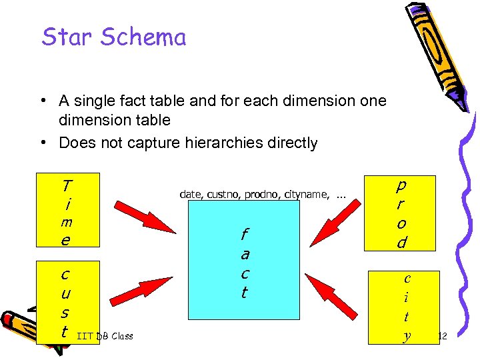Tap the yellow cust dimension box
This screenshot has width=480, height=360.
tap(68, 302)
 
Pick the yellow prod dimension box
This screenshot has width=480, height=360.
tap(399, 213)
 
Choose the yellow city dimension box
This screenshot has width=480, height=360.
tap(406, 307)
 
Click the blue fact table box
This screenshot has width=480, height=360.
tap(244, 260)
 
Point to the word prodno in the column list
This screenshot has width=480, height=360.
tap(263, 194)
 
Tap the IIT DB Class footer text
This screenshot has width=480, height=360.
tap(105, 336)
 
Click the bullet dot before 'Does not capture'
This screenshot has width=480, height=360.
tap(42, 143)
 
